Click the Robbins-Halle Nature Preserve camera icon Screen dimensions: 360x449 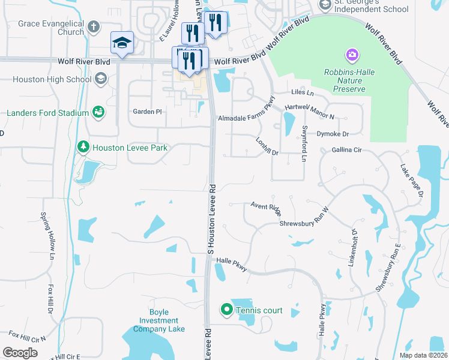[x=352, y=56]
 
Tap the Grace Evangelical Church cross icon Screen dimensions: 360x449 [x=93, y=27]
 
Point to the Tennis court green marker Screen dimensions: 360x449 [x=226, y=310]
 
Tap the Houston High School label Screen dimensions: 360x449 [x=52, y=79]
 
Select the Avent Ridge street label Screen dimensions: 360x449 [x=266, y=208]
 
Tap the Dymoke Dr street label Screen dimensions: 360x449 [x=333, y=134]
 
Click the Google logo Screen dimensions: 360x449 [x=20, y=352]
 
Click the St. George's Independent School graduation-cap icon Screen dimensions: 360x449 [x=325, y=5]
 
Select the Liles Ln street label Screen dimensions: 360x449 [x=302, y=93]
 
